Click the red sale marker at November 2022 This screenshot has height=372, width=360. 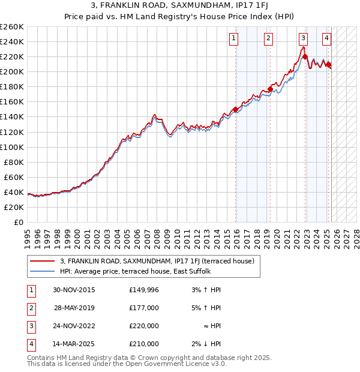pyautogui.click(x=305, y=57)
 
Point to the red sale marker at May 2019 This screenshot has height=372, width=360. pyautogui.click(x=270, y=89)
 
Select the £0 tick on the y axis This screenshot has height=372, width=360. pyautogui.click(x=19, y=222)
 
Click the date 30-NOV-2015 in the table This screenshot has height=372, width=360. pyautogui.click(x=74, y=290)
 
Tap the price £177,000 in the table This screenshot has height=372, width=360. pyautogui.click(x=144, y=308)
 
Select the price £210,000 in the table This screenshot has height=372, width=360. pyautogui.click(x=144, y=344)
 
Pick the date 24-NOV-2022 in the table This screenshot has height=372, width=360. pyautogui.click(x=74, y=326)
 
